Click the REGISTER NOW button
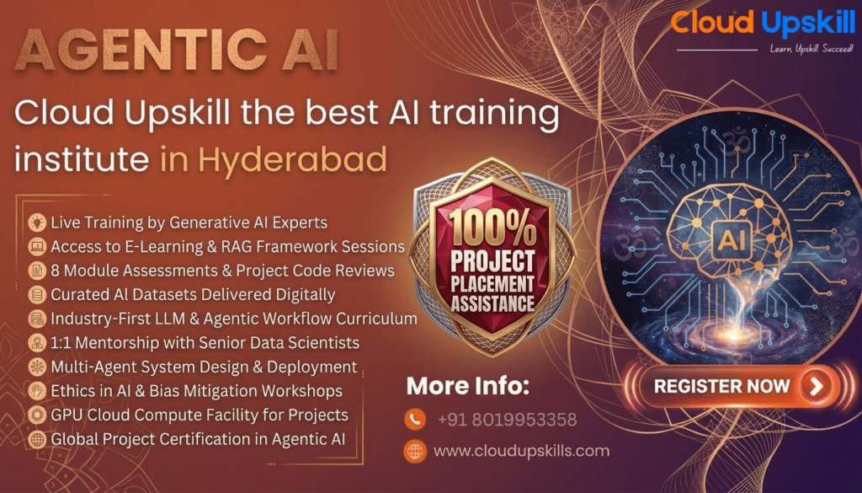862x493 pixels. [733, 387]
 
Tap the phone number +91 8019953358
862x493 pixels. [507, 419]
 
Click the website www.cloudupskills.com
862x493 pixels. [521, 451]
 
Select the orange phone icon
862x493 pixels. [414, 419]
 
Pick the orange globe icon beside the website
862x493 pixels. [414, 451]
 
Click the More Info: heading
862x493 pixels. [468, 387]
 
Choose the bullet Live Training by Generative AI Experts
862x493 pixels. [189, 222]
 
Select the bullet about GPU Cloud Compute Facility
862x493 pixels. [199, 415]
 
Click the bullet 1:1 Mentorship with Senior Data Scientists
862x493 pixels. [205, 343]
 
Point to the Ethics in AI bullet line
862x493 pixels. [196, 391]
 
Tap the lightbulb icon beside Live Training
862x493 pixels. [37, 222]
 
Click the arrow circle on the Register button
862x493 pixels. [816, 387]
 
